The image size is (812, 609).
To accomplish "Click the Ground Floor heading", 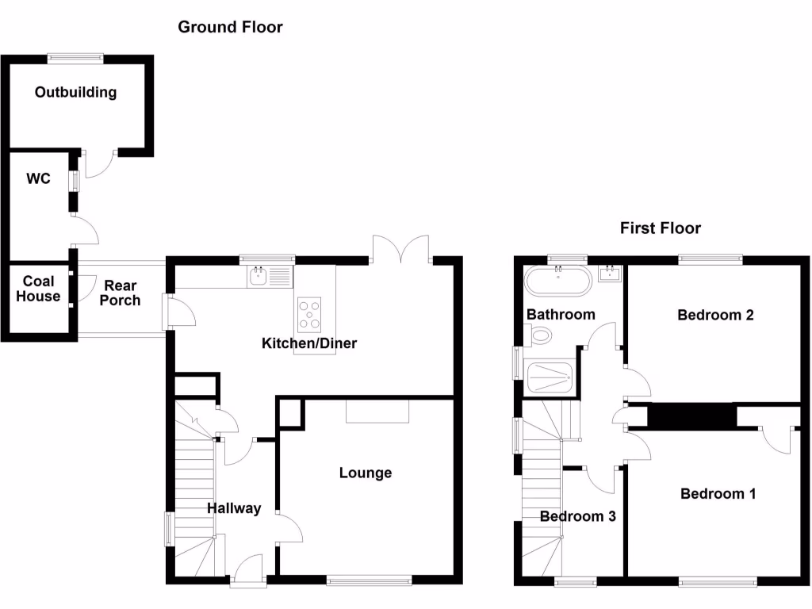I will (x=230, y=27).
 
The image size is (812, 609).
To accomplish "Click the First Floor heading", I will (x=661, y=228).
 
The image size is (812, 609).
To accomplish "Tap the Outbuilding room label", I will (x=75, y=92).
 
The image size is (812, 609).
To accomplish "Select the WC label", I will (x=38, y=178).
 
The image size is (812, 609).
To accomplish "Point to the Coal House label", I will (x=38, y=289).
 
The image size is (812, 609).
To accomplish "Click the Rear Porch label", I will (x=121, y=293).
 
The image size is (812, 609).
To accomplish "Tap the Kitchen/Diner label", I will (x=309, y=343).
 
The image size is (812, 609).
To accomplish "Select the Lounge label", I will (x=366, y=473).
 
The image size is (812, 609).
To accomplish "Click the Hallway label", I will (x=234, y=508).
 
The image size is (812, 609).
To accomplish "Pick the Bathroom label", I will (x=561, y=314).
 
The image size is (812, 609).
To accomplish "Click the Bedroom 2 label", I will (x=715, y=315).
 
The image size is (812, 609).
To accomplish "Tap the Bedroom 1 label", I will (x=718, y=494).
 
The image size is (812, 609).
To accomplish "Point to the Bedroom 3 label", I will (x=578, y=516).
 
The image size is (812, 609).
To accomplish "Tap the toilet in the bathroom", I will (x=541, y=337).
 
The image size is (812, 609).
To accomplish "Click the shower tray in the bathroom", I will (x=550, y=377).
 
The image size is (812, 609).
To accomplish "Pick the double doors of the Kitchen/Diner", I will (x=400, y=248).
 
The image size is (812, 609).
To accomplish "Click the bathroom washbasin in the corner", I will (x=610, y=275).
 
